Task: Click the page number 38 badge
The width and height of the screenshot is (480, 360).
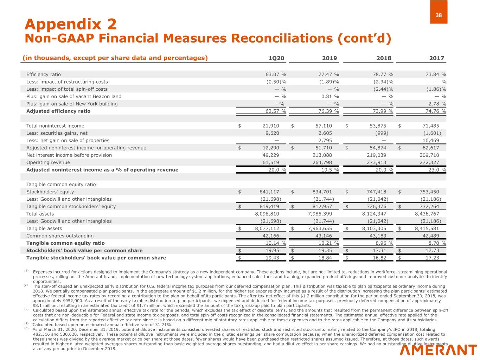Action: pos(439,15)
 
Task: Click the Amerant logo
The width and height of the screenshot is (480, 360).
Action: pos(438,350)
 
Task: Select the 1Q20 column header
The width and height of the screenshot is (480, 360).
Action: pos(276,58)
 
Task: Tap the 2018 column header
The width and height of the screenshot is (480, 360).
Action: pos(384,58)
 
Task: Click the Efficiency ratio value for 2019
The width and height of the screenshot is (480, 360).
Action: pos(327,75)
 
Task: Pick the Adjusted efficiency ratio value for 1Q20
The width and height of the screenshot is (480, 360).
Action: pos(276,111)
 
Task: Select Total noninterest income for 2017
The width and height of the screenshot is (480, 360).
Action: pos(430,126)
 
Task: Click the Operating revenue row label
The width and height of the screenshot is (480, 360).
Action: pos(48,162)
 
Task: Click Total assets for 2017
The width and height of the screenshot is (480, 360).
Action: pos(427,214)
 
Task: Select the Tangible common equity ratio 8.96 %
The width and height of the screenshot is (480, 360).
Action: pos(384,243)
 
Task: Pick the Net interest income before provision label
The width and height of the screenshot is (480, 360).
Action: pos(69,155)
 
